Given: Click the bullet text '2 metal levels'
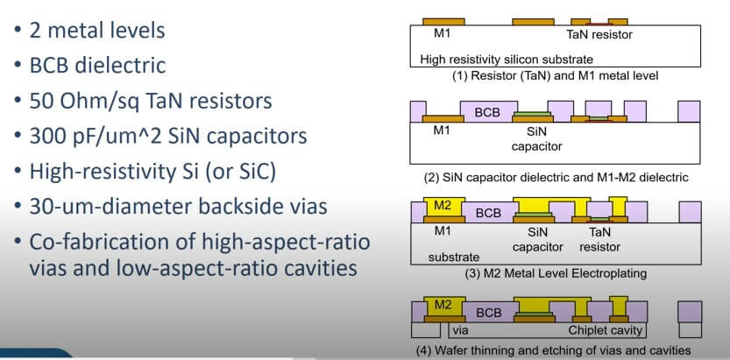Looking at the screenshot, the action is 97,31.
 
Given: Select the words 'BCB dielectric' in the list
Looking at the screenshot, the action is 98,65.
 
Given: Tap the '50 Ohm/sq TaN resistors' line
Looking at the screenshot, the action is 151,101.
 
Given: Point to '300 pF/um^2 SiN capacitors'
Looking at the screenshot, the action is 168,137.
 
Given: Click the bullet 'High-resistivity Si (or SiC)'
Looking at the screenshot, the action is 153,172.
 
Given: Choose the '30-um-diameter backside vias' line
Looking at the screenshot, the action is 178,207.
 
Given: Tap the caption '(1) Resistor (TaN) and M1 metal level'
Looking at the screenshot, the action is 556,76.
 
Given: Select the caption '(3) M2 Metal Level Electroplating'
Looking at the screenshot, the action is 556,273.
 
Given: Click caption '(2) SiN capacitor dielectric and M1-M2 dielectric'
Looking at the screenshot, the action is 556,177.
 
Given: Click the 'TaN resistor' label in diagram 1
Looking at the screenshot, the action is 599,34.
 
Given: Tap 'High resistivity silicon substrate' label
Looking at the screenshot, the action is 507,60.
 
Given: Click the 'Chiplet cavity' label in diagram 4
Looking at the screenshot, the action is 606,331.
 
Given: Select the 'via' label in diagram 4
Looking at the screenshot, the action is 460,331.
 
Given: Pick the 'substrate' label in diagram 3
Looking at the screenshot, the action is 454,257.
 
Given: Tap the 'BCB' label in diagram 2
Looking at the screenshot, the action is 487,113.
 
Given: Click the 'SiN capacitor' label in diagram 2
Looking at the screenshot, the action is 537,138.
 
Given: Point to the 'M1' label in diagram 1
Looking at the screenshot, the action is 442,33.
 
